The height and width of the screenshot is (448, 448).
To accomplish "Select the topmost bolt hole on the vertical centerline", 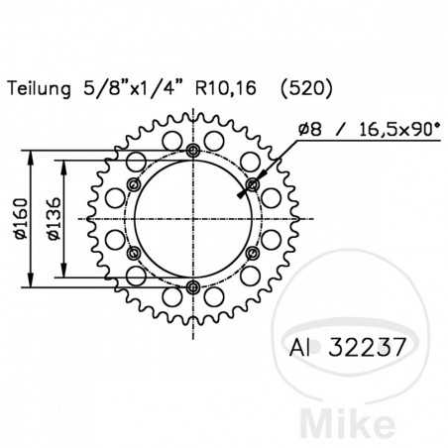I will click(192, 151).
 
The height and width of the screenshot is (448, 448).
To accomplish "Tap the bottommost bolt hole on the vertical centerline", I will click(192, 287).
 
